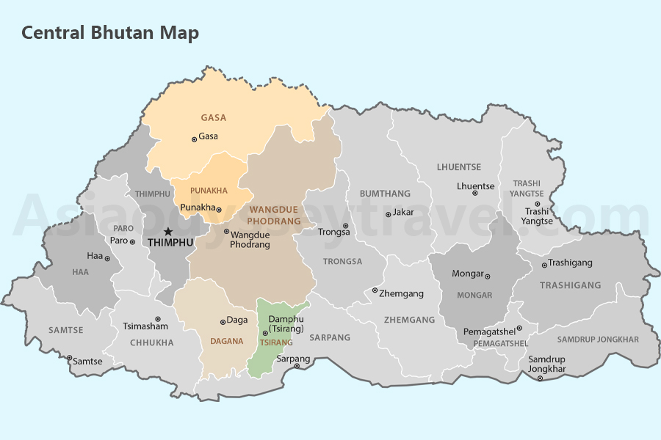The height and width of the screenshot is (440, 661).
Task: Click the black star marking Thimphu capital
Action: (x=168, y=231)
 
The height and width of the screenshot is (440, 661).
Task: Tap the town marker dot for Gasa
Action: (x=194, y=139)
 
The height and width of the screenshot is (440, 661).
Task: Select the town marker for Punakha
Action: (x=219, y=210)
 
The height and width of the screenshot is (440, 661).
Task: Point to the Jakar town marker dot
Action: (x=389, y=214)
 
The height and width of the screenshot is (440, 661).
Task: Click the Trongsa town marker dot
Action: (x=346, y=226)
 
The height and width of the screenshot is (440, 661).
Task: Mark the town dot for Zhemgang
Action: (x=375, y=290)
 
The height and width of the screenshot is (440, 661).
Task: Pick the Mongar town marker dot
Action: (x=488, y=276)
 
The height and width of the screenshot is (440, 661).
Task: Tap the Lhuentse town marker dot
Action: (x=474, y=193)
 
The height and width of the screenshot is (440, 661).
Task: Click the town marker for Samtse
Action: (x=70, y=359)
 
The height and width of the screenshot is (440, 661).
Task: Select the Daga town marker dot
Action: (x=223, y=322)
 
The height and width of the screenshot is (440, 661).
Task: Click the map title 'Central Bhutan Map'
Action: (x=109, y=33)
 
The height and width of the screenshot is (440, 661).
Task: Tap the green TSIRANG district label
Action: (x=275, y=342)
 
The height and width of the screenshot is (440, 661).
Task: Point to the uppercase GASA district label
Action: (x=214, y=117)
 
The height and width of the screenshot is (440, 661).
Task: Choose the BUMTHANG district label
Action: (x=385, y=194)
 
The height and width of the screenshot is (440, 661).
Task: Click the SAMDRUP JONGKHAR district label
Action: (x=598, y=340)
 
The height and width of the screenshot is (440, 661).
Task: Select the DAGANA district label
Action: (x=226, y=341)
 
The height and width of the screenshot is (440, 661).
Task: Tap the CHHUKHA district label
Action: (x=151, y=342)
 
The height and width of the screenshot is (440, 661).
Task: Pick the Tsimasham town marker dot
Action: (x=157, y=319)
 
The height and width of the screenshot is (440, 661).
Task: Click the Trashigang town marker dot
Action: (x=544, y=265)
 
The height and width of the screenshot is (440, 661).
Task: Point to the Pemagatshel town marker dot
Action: (x=519, y=329)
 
